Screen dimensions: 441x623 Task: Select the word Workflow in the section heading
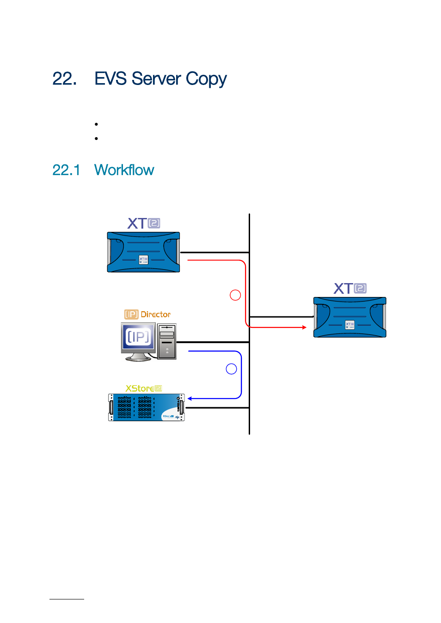click(x=124, y=169)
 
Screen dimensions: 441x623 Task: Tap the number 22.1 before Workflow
click(x=66, y=170)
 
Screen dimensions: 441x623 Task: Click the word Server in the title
click(x=156, y=79)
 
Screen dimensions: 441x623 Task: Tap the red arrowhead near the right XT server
click(x=304, y=327)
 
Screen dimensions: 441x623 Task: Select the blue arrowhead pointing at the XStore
click(x=190, y=399)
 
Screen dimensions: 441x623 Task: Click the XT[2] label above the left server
click(x=144, y=224)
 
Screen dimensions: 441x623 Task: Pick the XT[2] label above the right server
click(x=350, y=289)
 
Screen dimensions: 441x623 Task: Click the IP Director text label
click(x=147, y=315)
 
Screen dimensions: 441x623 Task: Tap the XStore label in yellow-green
click(x=144, y=388)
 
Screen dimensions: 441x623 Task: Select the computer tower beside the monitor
click(x=167, y=341)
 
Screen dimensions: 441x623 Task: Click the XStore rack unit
click(x=147, y=407)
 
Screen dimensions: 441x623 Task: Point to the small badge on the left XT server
click(x=143, y=260)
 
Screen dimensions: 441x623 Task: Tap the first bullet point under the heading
click(x=96, y=124)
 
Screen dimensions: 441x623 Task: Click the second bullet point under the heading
click(x=96, y=138)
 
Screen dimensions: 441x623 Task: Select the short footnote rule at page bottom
click(x=67, y=599)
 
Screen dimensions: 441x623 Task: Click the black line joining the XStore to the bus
click(x=217, y=408)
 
